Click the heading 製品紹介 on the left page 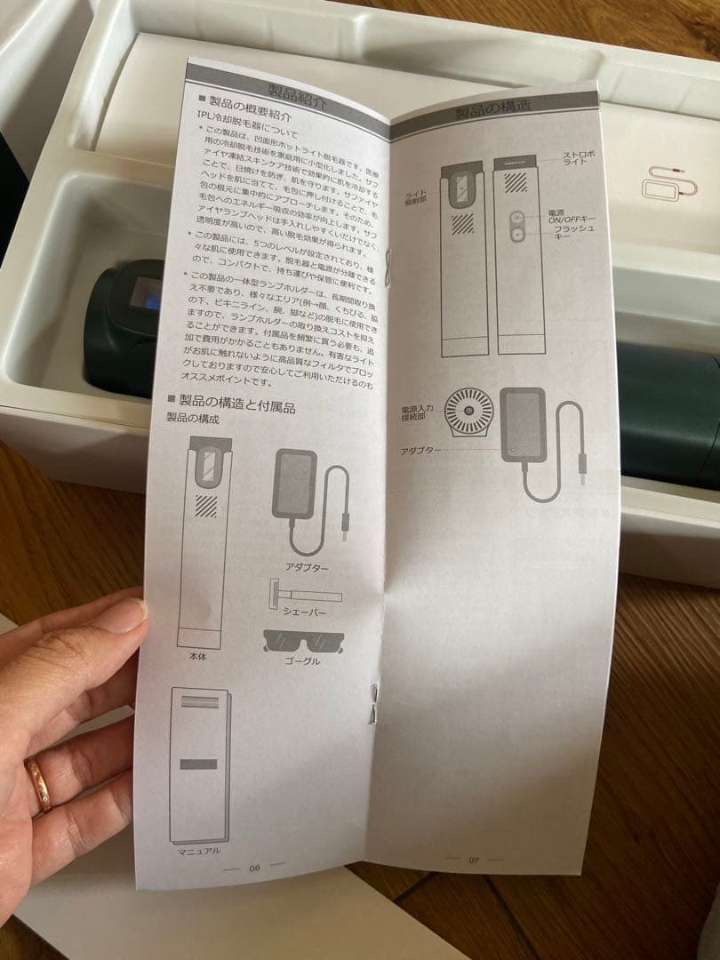(x=298, y=93)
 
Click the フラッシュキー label (x=573, y=234)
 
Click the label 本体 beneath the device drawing (x=198, y=656)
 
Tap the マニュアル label (x=199, y=851)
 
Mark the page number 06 (x=255, y=868)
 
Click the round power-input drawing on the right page (x=468, y=412)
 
